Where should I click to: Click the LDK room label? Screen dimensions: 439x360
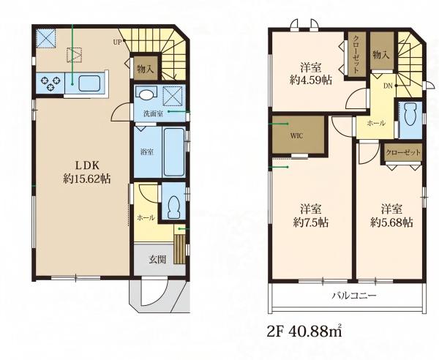(87, 165)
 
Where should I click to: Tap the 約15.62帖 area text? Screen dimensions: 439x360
(87, 179)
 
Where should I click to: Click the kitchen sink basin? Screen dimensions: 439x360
(89, 83)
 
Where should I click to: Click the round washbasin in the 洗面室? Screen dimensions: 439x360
(146, 94)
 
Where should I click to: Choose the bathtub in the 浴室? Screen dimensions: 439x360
(174, 152)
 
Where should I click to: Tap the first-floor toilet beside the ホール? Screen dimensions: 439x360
(173, 207)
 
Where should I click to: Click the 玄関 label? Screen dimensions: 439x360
(157, 260)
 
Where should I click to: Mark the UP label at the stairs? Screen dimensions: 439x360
(118, 42)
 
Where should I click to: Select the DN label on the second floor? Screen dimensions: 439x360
(388, 86)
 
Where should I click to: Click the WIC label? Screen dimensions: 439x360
(296, 136)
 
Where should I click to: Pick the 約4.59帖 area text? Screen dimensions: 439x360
(311, 80)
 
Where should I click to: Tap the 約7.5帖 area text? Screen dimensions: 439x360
(311, 222)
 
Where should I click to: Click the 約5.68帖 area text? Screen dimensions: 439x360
(391, 222)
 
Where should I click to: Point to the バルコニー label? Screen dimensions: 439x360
(354, 296)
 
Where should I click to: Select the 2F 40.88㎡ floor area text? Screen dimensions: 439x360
(304, 331)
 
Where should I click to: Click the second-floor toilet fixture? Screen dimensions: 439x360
(410, 114)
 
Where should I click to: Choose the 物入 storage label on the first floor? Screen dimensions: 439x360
(146, 69)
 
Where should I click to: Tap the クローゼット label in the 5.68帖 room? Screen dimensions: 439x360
(403, 153)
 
